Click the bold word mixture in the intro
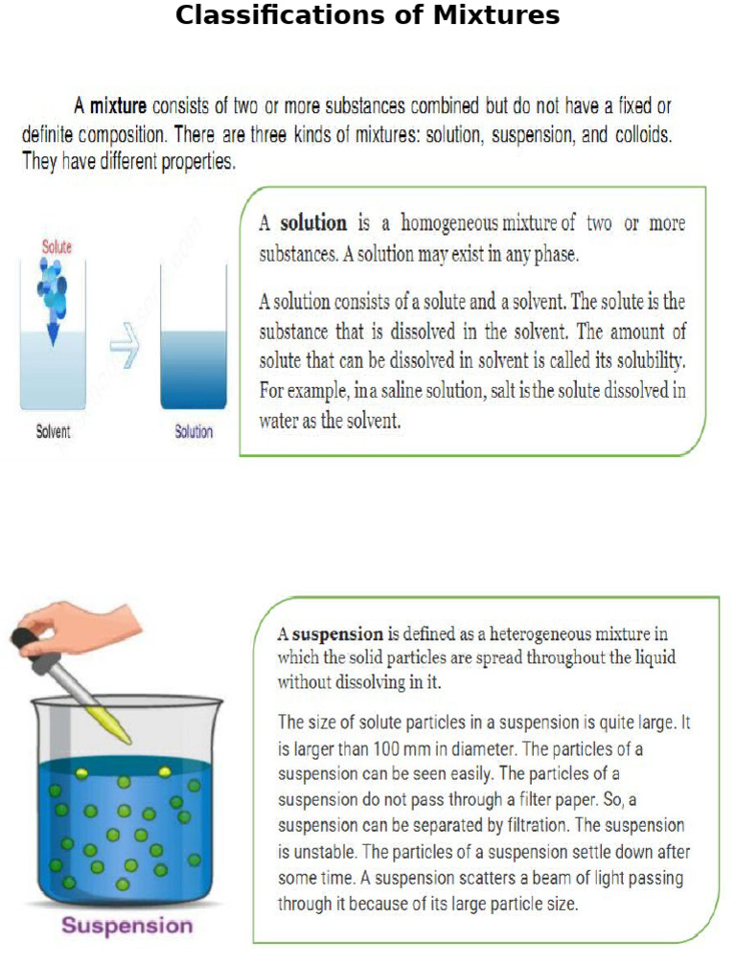(x=118, y=106)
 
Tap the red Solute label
(x=57, y=247)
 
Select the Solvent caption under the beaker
(x=53, y=432)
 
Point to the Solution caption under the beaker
(x=194, y=432)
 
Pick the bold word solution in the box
(x=313, y=223)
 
